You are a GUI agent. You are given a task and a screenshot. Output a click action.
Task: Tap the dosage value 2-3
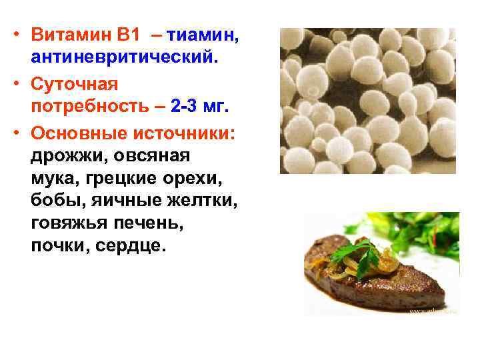(x=187, y=107)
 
